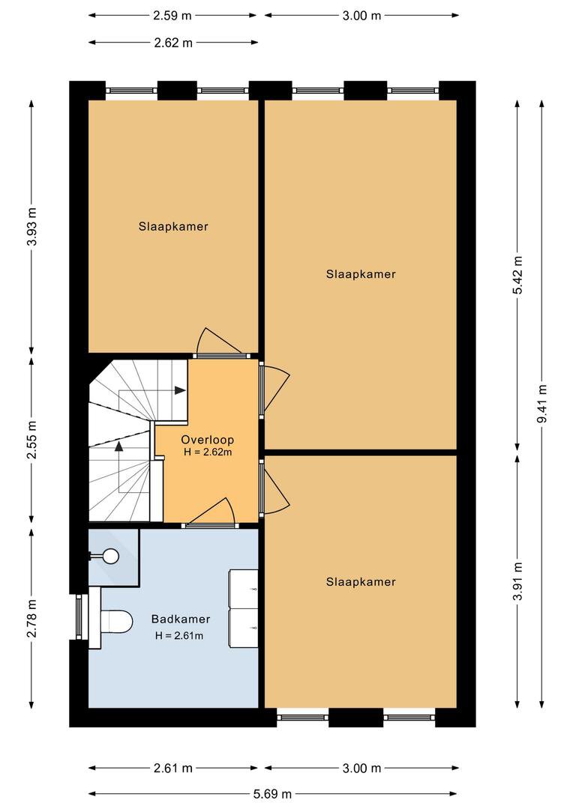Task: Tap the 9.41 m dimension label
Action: (x=542, y=404)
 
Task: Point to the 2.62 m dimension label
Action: (x=173, y=43)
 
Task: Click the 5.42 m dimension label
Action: (x=517, y=275)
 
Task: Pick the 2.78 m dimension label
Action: (x=32, y=618)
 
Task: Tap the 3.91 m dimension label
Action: (x=517, y=581)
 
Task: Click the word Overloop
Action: (x=207, y=440)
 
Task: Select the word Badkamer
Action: (x=180, y=619)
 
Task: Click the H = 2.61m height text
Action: (x=179, y=636)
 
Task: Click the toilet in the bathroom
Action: (x=115, y=622)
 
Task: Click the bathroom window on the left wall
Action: (x=79, y=616)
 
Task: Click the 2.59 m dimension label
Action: (x=172, y=16)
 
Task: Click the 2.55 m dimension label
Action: (x=32, y=440)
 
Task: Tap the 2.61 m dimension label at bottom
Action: (x=173, y=769)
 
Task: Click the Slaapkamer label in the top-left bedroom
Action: (x=173, y=226)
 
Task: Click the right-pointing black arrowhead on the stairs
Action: (x=180, y=390)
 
